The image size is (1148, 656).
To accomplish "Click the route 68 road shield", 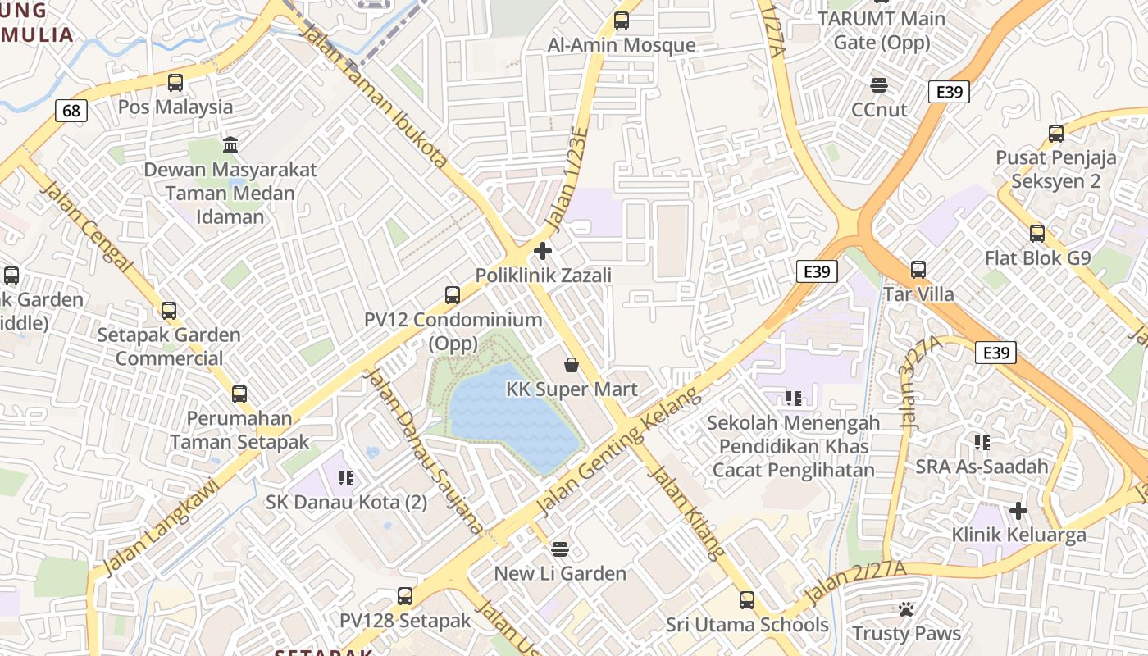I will tap(71, 110).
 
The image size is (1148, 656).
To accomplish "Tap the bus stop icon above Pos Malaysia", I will tap(175, 83).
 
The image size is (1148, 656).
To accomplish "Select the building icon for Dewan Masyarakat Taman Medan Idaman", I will tap(230, 145).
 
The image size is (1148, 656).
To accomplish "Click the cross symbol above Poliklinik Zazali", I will tap(543, 250).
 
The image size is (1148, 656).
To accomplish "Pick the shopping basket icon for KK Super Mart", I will tap(572, 365).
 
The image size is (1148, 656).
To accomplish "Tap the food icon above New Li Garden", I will tap(560, 549).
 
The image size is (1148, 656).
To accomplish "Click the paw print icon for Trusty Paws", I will tap(906, 609).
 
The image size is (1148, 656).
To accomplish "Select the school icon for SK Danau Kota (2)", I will tap(345, 477).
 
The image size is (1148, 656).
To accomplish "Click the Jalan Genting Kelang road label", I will tap(620, 453).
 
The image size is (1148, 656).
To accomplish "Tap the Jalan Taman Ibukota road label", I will tap(375, 95).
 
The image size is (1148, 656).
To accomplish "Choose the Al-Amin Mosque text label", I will tap(622, 45).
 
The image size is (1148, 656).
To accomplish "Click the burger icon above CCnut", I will tap(879, 85).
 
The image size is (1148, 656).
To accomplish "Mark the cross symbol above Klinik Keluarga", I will tap(1018, 511).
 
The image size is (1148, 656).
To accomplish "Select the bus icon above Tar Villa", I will tap(918, 269).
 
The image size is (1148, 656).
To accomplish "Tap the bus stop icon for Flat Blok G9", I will tap(1037, 234).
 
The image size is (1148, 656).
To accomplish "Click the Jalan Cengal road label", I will tap(85, 226).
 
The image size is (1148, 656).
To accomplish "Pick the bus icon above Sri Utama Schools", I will tap(746, 599).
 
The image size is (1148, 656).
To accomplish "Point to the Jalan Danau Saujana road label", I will tap(423, 451).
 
